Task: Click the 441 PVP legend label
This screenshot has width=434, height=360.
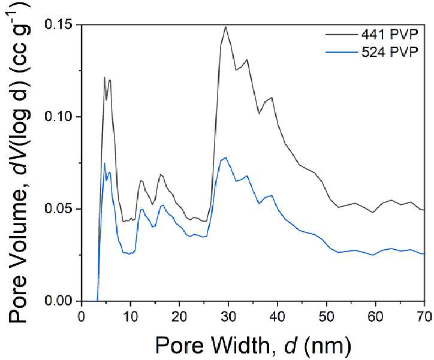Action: click(x=390, y=35)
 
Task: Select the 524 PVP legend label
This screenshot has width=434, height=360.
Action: click(x=390, y=52)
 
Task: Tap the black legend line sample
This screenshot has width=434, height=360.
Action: click(x=342, y=35)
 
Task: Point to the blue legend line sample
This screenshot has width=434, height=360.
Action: click(x=342, y=52)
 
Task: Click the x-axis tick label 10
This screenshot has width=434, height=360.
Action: click(x=130, y=317)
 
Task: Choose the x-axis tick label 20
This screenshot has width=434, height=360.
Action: click(x=179, y=317)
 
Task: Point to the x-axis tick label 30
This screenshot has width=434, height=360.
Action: click(x=228, y=317)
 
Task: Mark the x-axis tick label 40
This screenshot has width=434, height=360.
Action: click(x=278, y=317)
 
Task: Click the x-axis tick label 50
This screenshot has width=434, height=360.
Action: click(x=326, y=317)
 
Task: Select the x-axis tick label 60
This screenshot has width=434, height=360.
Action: click(x=375, y=317)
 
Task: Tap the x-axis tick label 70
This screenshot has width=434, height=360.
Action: click(x=424, y=317)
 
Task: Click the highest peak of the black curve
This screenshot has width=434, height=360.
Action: click(x=226, y=26)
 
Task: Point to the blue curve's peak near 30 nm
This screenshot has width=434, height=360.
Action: click(x=225, y=158)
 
